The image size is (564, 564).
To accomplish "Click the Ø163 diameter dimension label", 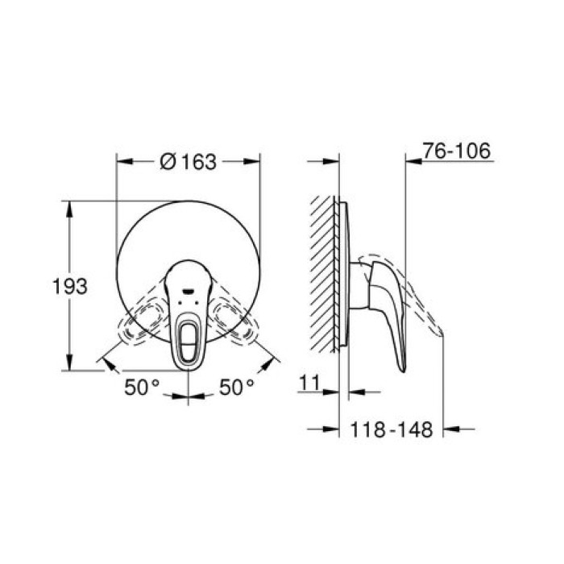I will point(189,162).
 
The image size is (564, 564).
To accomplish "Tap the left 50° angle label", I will point(141,387).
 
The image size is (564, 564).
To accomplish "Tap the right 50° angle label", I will point(237,387).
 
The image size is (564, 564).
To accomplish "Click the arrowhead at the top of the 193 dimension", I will point(69,205).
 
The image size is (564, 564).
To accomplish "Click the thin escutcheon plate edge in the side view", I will point(346,274).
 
